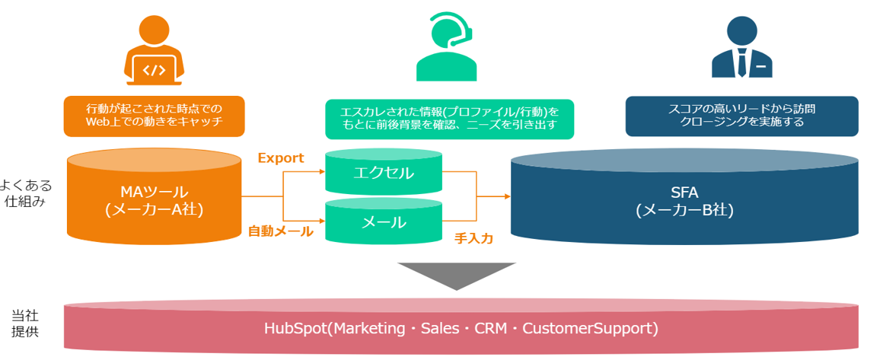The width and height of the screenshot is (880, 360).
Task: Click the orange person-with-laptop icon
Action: (154, 51)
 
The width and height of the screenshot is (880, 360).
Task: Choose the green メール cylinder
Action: (384, 222)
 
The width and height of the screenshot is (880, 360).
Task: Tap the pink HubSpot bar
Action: (461, 329)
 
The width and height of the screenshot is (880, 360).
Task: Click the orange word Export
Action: (280, 158)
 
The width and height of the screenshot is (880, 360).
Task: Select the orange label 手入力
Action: (473, 238)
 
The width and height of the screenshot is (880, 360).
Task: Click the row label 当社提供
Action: (24, 323)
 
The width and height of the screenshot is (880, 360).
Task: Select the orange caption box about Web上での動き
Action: (154, 113)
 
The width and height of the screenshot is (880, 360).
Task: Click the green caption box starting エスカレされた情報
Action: (449, 119)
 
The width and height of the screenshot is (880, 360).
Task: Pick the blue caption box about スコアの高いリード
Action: (741, 115)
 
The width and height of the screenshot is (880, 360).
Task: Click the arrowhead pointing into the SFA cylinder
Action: (506, 196)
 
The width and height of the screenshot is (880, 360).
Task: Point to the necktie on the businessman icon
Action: (741, 63)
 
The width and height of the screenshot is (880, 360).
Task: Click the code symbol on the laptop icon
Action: (154, 71)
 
